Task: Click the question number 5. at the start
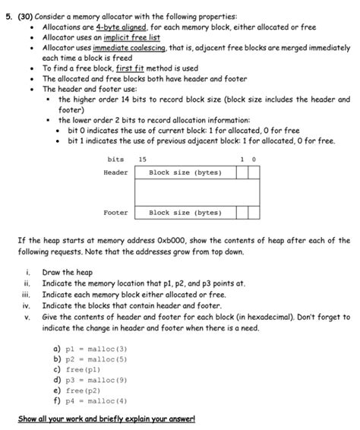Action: click(9, 15)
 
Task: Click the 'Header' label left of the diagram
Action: click(116, 173)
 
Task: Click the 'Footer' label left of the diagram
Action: click(116, 213)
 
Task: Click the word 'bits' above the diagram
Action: click(115, 160)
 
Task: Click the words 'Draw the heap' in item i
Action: click(68, 273)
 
